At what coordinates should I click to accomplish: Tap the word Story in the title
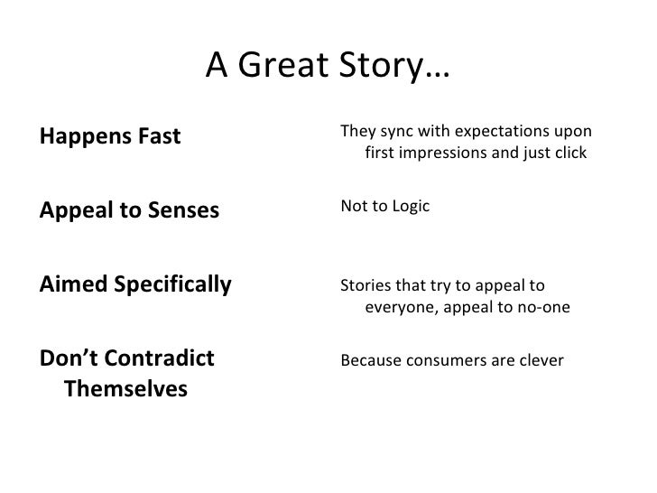(378, 64)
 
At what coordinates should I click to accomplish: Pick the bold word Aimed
(68, 286)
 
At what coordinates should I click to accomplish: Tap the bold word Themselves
(126, 390)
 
